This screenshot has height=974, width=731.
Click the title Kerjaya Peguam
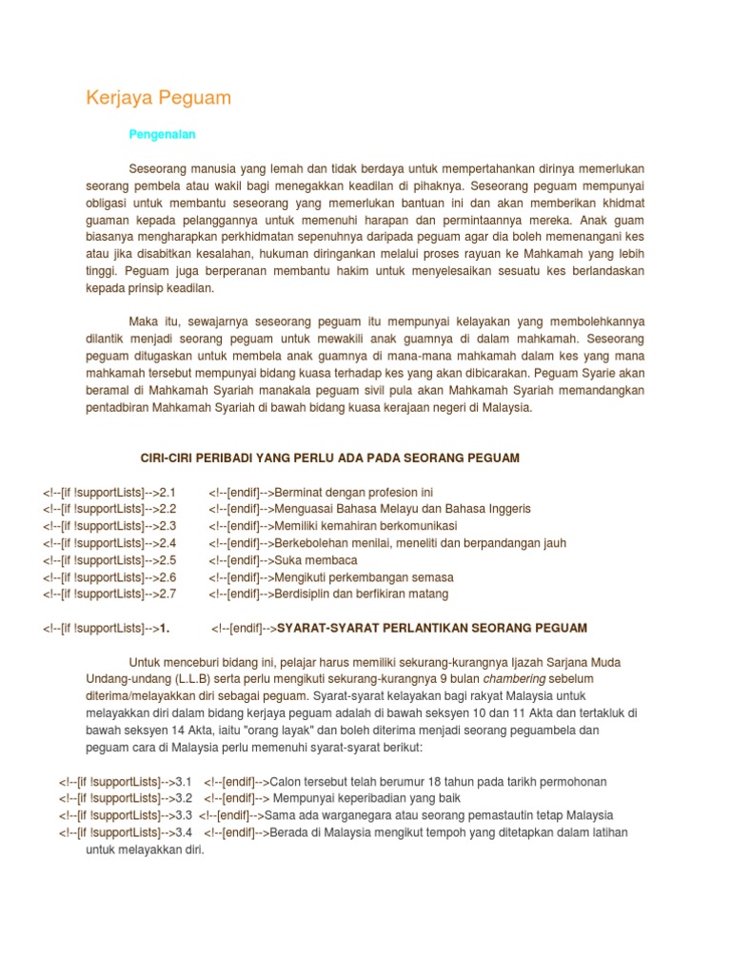pyautogui.click(x=159, y=98)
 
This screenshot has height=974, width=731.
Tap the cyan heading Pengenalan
pyautogui.click(x=162, y=135)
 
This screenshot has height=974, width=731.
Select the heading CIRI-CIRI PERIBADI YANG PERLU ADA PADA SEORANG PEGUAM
pyautogui.click(x=330, y=458)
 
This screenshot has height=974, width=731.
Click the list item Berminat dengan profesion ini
pyautogui.click(x=352, y=492)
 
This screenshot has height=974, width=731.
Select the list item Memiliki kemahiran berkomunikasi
pyautogui.click(x=365, y=526)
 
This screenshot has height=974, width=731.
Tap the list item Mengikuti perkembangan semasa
pyautogui.click(x=363, y=577)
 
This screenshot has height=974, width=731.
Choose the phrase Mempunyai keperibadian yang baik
pyautogui.click(x=361, y=799)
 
